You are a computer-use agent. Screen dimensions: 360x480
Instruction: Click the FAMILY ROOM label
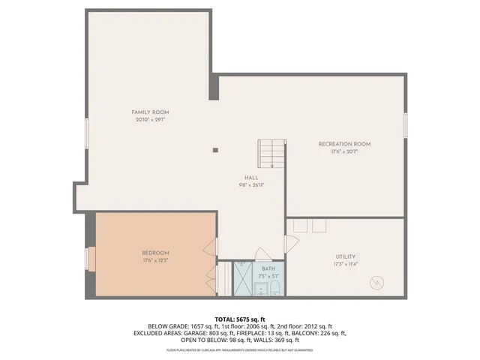pyautogui.click(x=149, y=112)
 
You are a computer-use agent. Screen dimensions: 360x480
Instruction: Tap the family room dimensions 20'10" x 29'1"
pyautogui.click(x=149, y=119)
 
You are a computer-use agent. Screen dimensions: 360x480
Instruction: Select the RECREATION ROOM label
pyautogui.click(x=344, y=143)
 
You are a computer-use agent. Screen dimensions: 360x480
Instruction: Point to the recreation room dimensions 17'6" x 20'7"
pyautogui.click(x=344, y=151)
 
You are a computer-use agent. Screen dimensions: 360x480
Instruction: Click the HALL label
pyautogui.click(x=251, y=178)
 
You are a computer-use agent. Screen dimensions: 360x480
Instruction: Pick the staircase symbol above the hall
pyautogui.click(x=271, y=154)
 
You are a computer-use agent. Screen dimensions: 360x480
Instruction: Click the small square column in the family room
pyautogui.click(x=215, y=150)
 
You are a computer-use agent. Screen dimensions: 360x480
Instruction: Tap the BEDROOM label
pyautogui.click(x=156, y=253)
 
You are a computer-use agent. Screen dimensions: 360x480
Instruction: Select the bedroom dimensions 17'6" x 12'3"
pyautogui.click(x=156, y=260)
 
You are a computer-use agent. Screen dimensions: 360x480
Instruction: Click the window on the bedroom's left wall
pyautogui.click(x=91, y=259)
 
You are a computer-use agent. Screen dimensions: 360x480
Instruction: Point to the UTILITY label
pyautogui.click(x=346, y=256)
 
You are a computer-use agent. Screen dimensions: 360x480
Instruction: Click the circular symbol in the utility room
pyautogui.click(x=377, y=283)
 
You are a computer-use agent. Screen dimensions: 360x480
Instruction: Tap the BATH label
pyautogui.click(x=268, y=268)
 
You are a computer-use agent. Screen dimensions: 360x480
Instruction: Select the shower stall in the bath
pyautogui.click(x=243, y=279)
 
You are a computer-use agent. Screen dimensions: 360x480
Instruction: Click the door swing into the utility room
pyautogui.click(x=292, y=242)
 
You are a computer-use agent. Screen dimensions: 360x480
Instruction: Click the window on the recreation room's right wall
pyautogui.click(x=405, y=124)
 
